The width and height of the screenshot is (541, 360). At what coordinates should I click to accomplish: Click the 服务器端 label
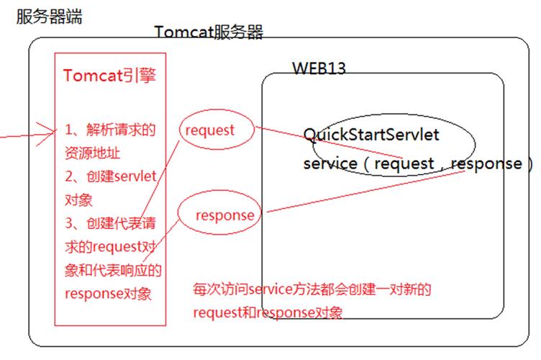pos(49,16)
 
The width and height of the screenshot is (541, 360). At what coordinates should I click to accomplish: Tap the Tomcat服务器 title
pos(209,32)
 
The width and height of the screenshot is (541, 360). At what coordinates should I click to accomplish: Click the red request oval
pos(210,130)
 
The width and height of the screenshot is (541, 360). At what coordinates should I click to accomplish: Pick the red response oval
pos(224,215)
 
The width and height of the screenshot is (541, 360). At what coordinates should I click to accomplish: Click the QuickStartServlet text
pos(371,135)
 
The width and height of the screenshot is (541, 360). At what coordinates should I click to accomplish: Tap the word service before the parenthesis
pos(330,163)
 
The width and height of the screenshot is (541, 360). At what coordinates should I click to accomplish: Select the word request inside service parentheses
pos(404,163)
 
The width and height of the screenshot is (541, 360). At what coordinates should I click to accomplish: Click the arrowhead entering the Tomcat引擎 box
pos(52,132)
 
